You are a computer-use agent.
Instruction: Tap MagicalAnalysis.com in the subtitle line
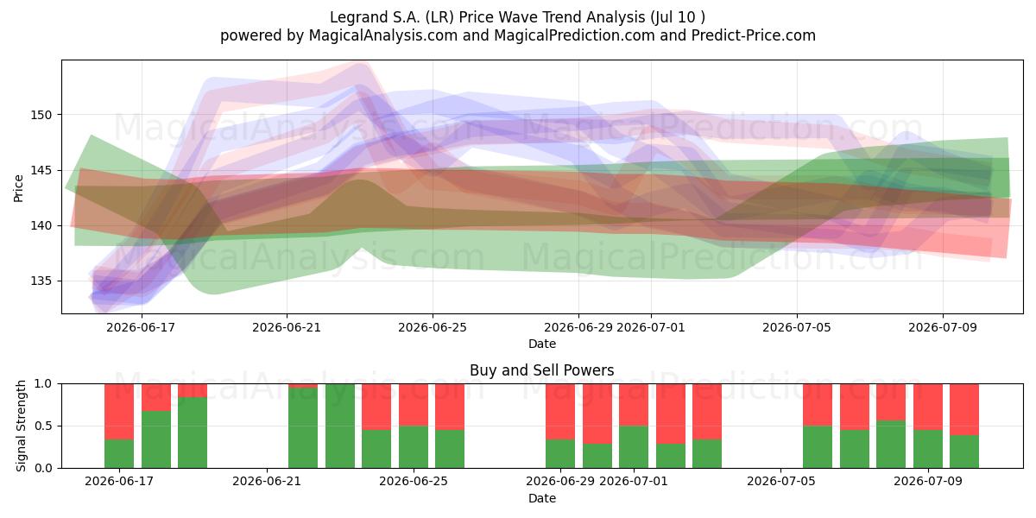(x=383, y=35)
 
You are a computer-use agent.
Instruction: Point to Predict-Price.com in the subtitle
(x=754, y=35)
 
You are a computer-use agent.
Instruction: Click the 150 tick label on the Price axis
(x=41, y=115)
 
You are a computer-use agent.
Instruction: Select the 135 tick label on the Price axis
(x=41, y=281)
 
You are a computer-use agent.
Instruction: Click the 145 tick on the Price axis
(x=41, y=170)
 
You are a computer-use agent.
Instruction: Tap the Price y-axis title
(x=18, y=188)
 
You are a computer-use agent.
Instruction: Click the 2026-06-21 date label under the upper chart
(x=287, y=327)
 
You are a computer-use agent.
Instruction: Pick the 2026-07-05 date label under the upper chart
(x=796, y=327)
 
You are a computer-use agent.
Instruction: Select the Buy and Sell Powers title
(x=541, y=370)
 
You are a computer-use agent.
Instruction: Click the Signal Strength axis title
(x=21, y=426)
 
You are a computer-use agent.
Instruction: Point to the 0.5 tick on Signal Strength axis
(x=44, y=426)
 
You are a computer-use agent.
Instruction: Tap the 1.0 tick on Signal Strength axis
(x=44, y=384)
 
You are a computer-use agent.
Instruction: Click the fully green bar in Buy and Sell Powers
(x=340, y=426)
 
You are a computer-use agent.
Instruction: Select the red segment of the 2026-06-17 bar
(x=119, y=412)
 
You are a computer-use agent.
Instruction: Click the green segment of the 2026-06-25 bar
(x=414, y=447)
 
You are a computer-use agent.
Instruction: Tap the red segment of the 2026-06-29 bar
(x=560, y=412)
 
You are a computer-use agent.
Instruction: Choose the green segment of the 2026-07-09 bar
(x=928, y=449)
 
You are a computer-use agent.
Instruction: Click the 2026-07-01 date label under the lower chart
(x=633, y=482)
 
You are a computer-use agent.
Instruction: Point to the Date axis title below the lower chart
(x=541, y=498)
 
